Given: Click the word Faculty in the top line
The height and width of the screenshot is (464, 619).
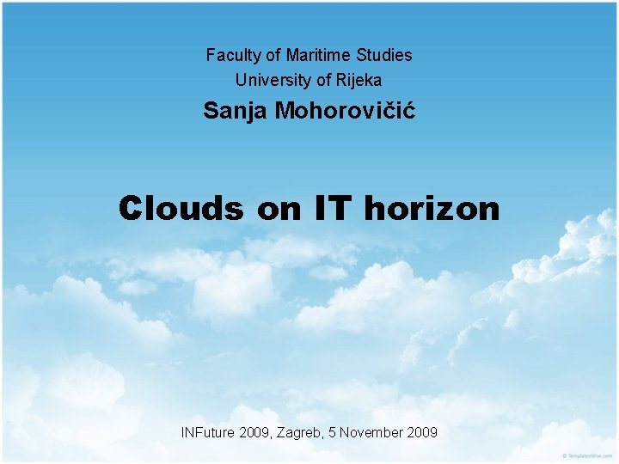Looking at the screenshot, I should tap(234, 56).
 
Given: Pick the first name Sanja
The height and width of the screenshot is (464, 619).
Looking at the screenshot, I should tap(236, 111).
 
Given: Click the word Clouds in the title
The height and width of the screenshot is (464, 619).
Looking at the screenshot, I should tap(181, 208).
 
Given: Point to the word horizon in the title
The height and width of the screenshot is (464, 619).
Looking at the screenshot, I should tap(432, 208).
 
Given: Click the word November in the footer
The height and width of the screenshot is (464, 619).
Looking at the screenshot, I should tap(372, 432).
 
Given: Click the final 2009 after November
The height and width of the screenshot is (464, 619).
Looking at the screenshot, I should tap(421, 432).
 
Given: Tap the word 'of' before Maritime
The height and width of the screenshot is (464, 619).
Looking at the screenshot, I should tap(273, 56).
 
